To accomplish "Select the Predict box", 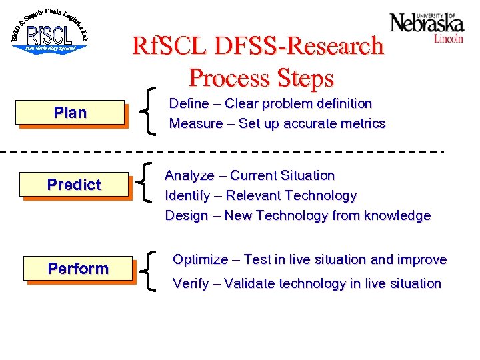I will point(73,185).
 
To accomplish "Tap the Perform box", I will point(77,269).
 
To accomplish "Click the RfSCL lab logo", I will point(49,31).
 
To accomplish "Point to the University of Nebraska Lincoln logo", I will point(427,27).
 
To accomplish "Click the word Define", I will point(189,103).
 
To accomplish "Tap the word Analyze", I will point(189,175).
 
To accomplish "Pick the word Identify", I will point(187,195).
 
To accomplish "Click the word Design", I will point(187,215).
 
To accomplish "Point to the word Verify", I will point(190,283).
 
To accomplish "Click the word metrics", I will point(362,123).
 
